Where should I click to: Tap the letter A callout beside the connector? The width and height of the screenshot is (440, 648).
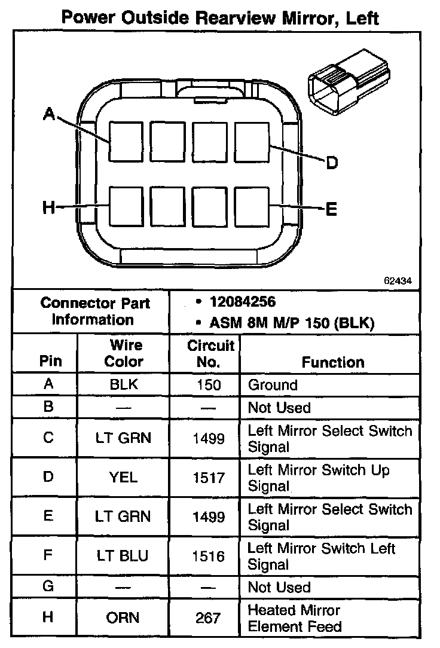click(49, 114)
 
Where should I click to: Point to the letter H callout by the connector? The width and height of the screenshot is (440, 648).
click(49, 208)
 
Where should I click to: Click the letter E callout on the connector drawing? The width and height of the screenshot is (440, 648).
click(331, 209)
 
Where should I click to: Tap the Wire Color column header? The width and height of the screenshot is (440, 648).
click(124, 353)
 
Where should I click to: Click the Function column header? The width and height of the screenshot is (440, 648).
click(333, 362)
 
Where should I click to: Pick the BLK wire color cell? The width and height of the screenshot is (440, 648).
click(124, 385)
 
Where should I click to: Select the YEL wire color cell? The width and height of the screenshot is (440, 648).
click(124, 477)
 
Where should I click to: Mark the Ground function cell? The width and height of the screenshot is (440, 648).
click(273, 385)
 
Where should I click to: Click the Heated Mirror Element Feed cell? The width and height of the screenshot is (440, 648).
click(295, 618)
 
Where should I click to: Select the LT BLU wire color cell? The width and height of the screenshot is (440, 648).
click(123, 556)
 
